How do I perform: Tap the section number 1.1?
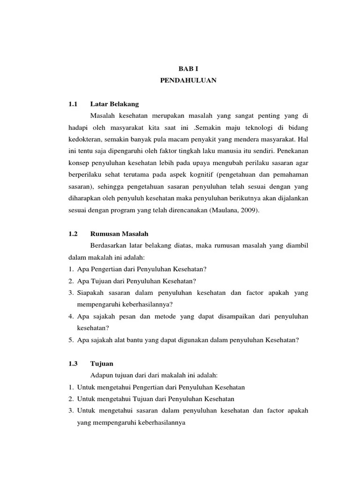click(72, 104)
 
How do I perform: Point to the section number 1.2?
click(72, 233)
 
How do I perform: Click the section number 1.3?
click(72, 363)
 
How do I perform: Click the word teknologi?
click(256, 127)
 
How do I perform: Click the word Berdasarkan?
click(107, 245)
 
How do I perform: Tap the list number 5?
click(68, 340)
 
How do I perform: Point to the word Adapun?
click(99, 375)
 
